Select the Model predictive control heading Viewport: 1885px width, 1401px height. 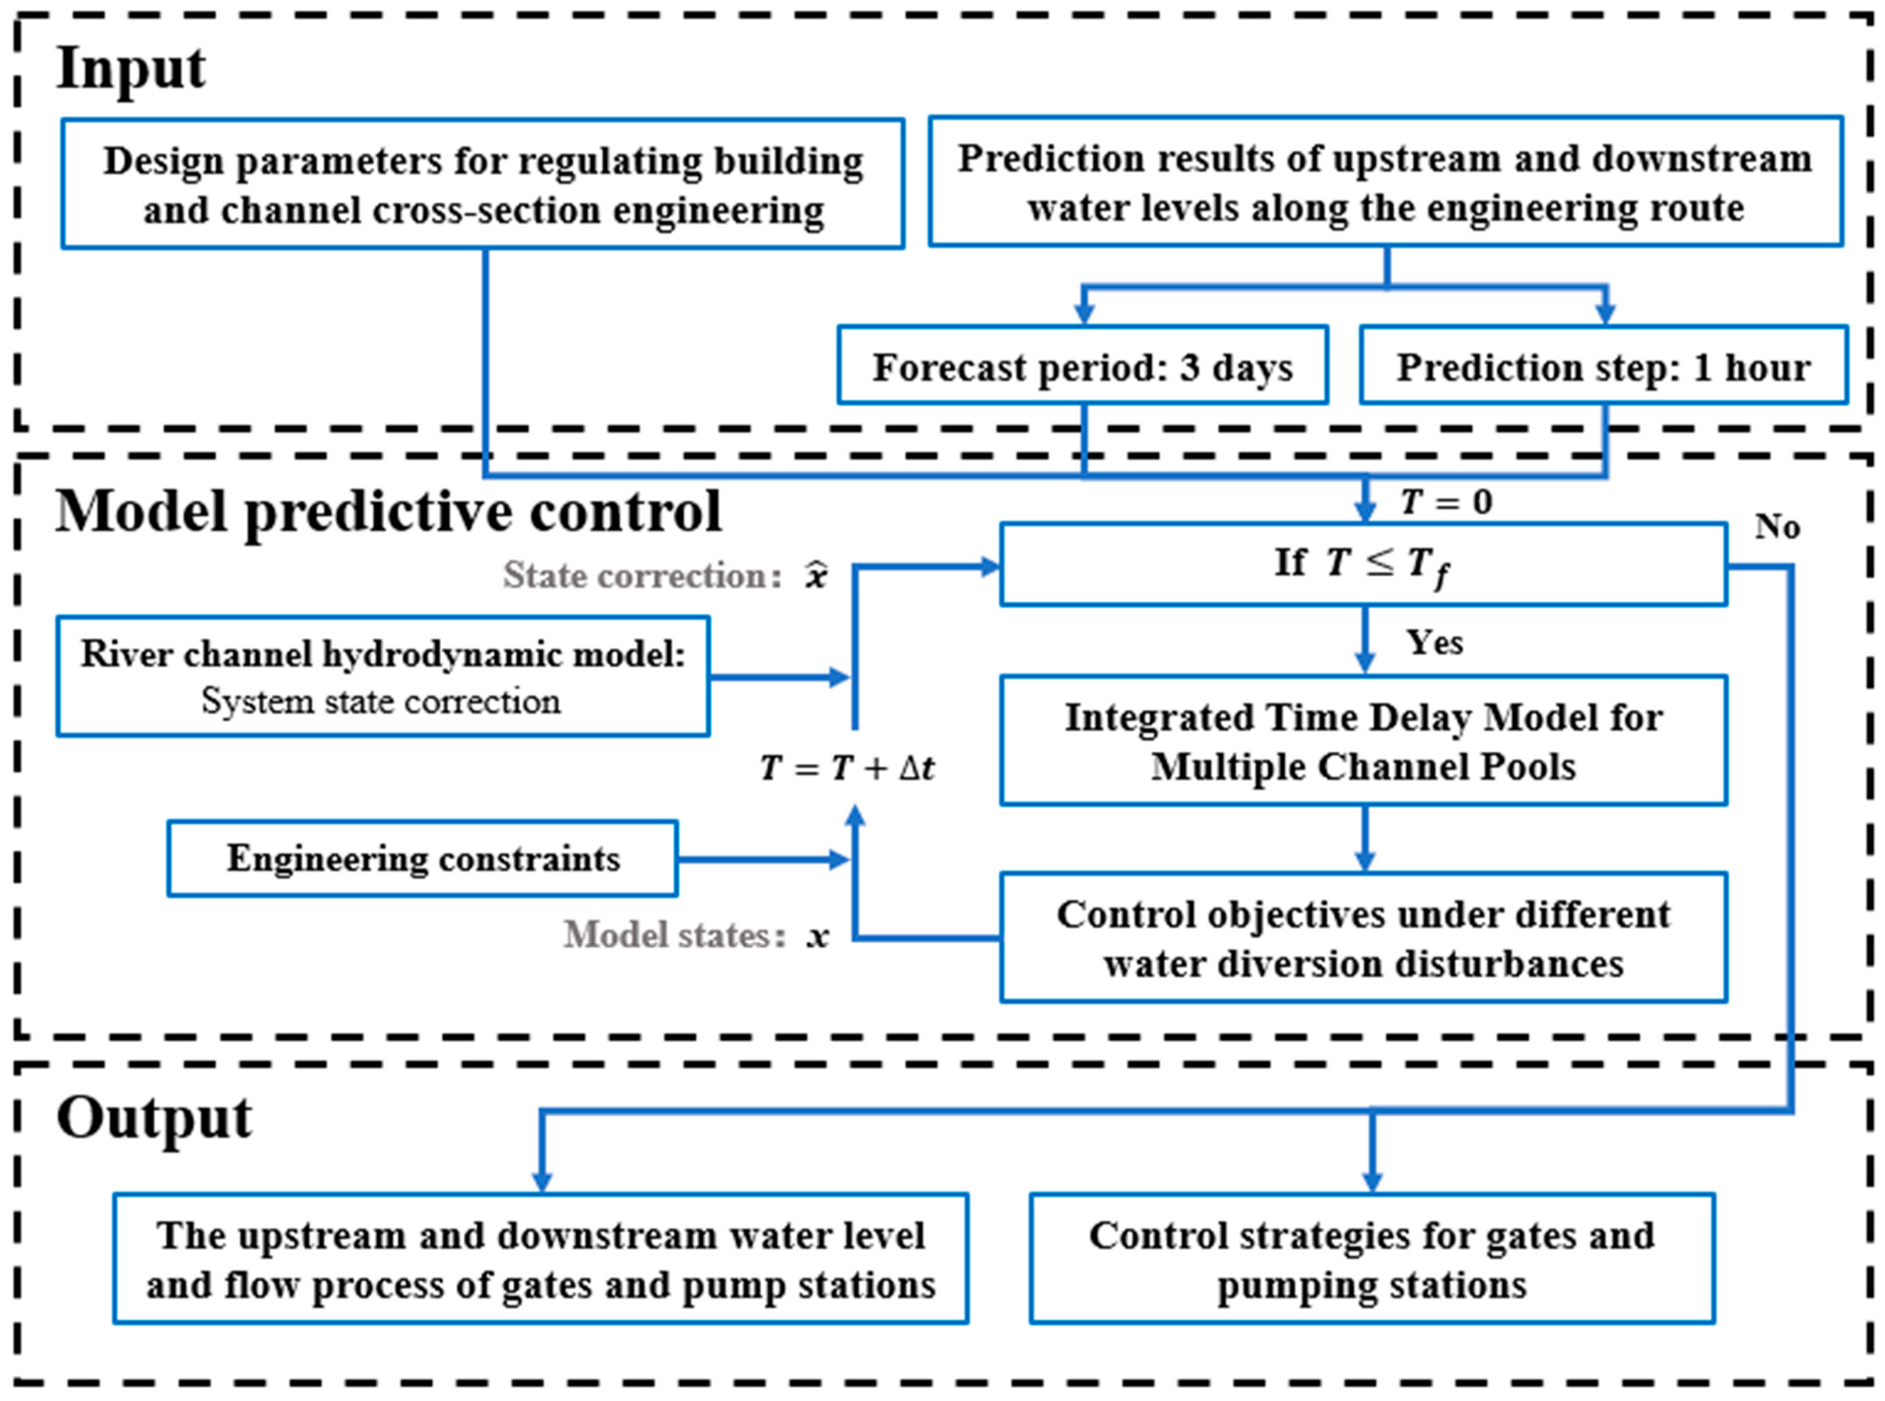388,512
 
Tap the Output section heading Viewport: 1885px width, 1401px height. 154,1118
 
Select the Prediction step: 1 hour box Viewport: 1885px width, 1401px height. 1603,366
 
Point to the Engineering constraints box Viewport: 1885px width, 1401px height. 422,858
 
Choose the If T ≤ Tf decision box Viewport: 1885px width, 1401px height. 1363,564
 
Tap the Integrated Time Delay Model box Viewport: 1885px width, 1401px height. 1363,741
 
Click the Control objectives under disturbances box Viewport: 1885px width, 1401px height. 1363,938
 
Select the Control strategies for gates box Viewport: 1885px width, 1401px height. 1371,1258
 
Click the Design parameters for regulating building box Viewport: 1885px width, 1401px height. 482,184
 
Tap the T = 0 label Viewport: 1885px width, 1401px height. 1446,502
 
